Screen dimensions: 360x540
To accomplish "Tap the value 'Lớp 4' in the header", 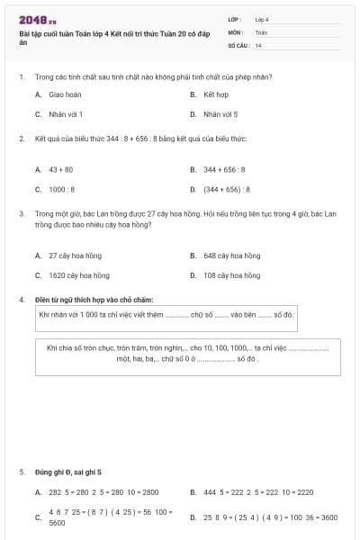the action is (x=262, y=18).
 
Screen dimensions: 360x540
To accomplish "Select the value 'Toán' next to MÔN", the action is (x=261, y=31).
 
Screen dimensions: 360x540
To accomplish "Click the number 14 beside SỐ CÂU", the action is (x=258, y=44).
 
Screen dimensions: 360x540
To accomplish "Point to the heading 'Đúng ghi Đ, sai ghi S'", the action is (x=68, y=472).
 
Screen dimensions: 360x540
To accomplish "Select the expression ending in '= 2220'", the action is (x=258, y=492).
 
